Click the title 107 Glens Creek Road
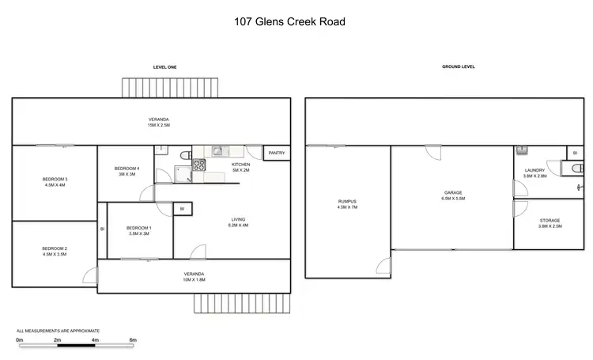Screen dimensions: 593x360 pos(289,21)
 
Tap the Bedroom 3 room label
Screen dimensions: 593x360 pos(55,180)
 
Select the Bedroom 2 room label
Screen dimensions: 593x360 pos(55,249)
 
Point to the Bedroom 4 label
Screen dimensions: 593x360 pos(127,168)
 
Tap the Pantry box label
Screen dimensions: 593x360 pos(276,153)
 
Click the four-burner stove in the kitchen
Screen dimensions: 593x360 pos(198,166)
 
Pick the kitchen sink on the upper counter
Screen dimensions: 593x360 pos(219,150)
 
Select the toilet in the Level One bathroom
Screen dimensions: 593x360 pos(183,155)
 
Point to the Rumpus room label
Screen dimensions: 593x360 pos(348,203)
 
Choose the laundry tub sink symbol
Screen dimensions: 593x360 pos(522,150)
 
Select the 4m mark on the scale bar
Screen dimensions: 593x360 pos(95,339)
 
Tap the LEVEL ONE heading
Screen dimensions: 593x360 pos(164,67)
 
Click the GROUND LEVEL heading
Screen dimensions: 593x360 pos(458,67)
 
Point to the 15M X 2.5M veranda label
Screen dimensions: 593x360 pos(158,125)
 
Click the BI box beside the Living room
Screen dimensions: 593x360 pos(182,209)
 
